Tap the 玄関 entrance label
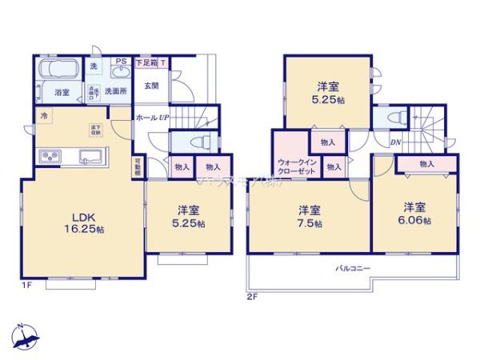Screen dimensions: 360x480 [x=151, y=85]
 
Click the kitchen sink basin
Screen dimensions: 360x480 [x=89, y=155]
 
